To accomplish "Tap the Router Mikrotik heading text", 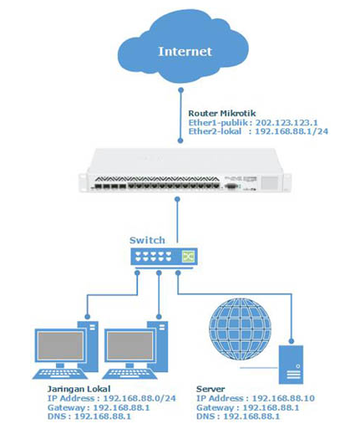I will [x=221, y=112].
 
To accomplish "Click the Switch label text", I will [x=147, y=240].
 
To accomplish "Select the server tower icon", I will [x=292, y=360].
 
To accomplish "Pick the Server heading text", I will [x=210, y=390].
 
